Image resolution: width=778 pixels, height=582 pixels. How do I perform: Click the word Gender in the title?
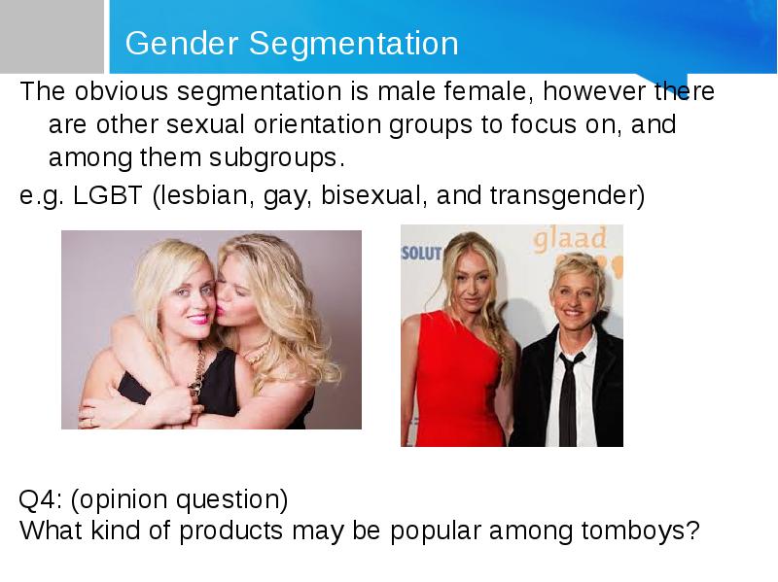(182, 43)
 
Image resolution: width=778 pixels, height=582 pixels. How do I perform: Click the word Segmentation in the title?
(353, 43)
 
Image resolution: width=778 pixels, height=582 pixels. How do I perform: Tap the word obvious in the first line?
(121, 91)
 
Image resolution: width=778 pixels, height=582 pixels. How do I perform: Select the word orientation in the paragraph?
(317, 124)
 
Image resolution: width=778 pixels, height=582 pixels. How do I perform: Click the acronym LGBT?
(108, 195)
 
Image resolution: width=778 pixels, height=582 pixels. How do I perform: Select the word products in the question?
(230, 531)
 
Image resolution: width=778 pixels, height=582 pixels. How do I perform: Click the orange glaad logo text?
(570, 239)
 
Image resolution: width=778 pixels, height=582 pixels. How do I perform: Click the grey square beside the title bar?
(52, 36)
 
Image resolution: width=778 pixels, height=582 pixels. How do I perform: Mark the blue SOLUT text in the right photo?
(421, 254)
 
